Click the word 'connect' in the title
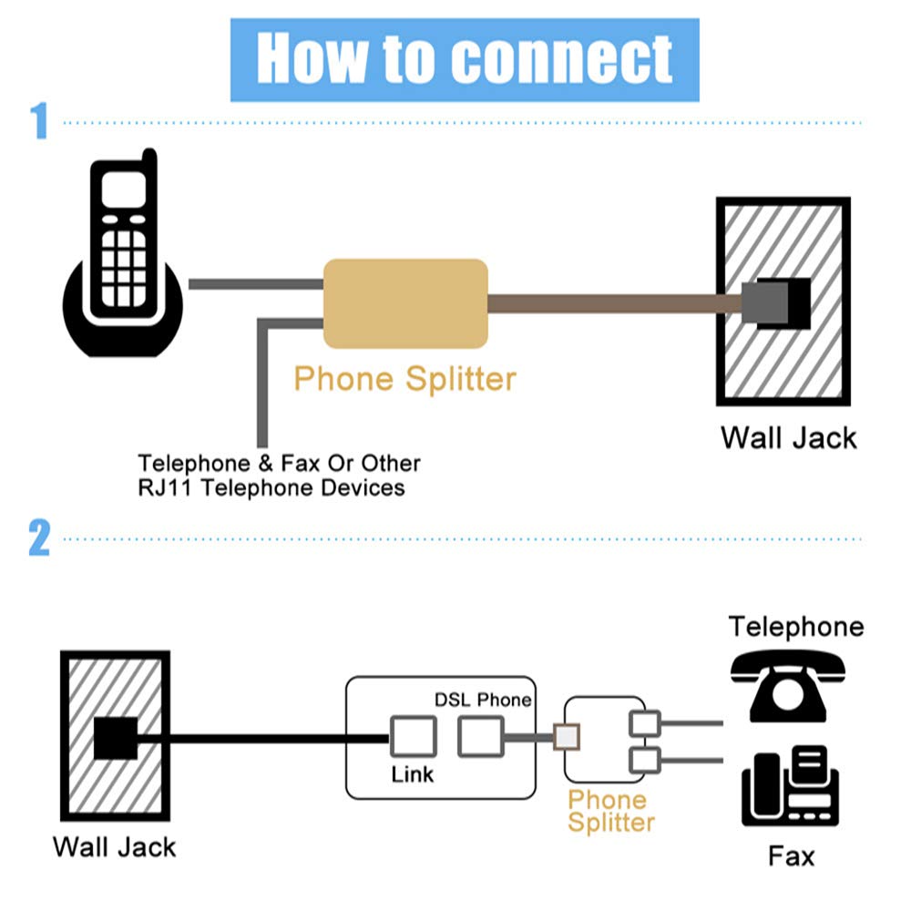(x=561, y=58)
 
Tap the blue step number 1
(x=39, y=121)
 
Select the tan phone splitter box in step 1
(x=405, y=303)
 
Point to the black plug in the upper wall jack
(x=777, y=302)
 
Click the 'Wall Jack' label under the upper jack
(x=789, y=437)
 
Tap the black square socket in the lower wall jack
(x=116, y=738)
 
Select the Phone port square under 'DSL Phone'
(x=480, y=735)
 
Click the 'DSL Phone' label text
(x=481, y=700)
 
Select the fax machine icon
(x=789, y=785)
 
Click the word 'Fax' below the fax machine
(x=791, y=856)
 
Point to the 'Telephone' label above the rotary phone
(x=795, y=627)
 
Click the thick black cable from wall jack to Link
(x=264, y=738)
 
